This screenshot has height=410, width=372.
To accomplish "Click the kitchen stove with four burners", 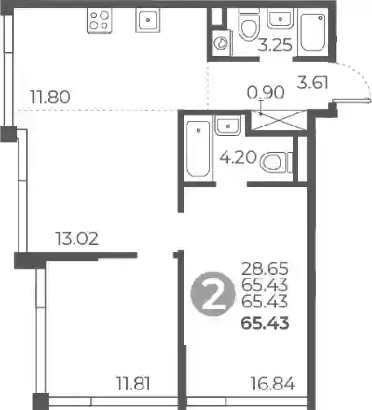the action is point(99,20).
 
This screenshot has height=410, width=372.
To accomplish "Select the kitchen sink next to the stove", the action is point(147,20).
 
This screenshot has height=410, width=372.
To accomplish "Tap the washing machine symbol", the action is point(221,43).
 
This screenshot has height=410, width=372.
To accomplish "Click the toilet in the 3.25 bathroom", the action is point(248,24).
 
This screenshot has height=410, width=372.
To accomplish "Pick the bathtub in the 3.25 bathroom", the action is point(313,32).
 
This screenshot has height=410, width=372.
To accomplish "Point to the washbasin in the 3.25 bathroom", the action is point(280,18).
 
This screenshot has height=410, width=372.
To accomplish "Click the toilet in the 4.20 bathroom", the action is point(276,163).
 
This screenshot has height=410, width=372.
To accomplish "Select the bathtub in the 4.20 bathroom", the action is point(199,148).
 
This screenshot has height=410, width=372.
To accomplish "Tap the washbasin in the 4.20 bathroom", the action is point(228,125).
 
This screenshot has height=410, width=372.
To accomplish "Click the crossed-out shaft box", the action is point(278,120).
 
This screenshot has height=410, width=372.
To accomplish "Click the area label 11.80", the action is point(50,97).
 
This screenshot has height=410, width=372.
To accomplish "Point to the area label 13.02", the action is point(77,239).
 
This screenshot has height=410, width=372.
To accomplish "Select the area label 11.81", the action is point(133,383).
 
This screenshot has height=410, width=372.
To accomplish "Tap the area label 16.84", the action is point(273,383).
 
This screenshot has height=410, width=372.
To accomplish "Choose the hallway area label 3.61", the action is point(313,82).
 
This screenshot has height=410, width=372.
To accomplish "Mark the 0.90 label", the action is point(265,92).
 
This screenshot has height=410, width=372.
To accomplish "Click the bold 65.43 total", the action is point(265,323).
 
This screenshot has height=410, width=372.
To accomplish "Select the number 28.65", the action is point(265,268).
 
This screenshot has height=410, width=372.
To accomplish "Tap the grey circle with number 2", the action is point(212,294).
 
